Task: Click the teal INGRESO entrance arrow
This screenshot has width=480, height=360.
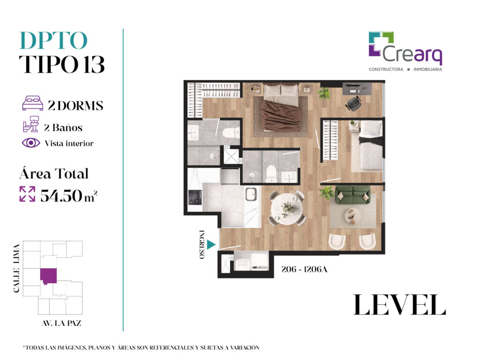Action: coord(211,245)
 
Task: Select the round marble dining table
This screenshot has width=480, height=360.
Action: coord(287,209)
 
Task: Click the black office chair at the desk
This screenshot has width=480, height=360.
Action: coord(353,104)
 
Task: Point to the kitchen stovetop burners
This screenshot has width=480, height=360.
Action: coord(195,197)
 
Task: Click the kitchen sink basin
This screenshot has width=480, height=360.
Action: coord(251,195)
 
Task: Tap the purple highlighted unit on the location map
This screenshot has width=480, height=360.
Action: coord(48,276)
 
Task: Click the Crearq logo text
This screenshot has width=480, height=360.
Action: coord(412,54)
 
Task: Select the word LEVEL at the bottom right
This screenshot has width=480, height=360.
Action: coord(399,305)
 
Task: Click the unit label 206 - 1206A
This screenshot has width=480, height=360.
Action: coord(304,269)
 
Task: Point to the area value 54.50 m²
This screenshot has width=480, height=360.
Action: coord(68,195)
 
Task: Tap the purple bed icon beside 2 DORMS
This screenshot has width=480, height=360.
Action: coord(32,103)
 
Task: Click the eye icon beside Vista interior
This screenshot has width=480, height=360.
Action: coord(31,143)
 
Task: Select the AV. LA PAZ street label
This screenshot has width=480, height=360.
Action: coord(61,323)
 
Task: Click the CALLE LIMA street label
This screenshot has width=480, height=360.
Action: coord(16,268)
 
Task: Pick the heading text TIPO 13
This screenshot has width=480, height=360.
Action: coord(62,64)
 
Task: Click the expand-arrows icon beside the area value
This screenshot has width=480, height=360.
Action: coord(27,194)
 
